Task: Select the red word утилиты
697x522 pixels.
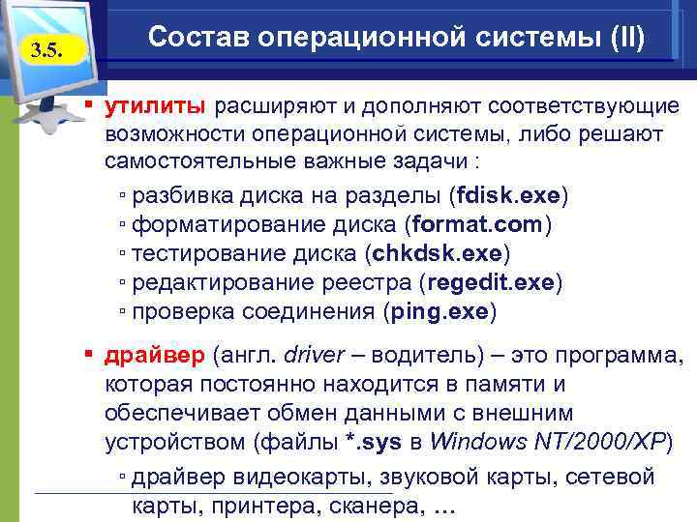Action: [x=155, y=104]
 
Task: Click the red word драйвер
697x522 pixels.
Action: [x=155, y=356]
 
